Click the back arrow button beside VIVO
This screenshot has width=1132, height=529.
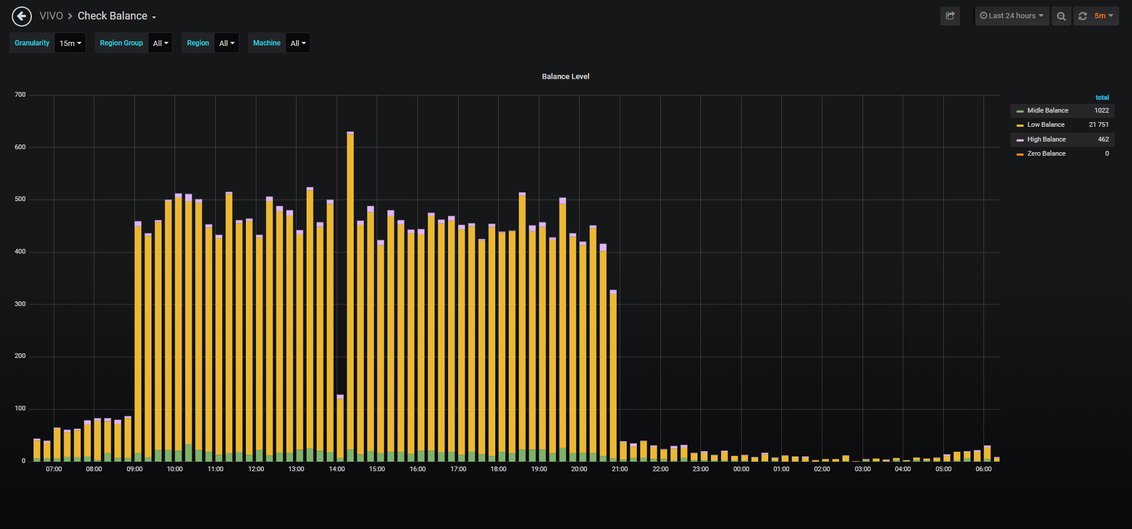tap(22, 16)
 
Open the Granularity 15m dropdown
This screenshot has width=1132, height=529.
tap(70, 43)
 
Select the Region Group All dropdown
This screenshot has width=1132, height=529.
tap(160, 43)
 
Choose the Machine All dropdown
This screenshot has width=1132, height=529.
tap(298, 43)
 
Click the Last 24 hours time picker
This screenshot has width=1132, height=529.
tap(1012, 16)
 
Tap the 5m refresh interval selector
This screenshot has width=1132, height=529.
tap(1103, 16)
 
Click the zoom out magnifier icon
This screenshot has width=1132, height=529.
tap(1061, 16)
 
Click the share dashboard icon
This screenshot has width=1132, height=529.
tap(950, 16)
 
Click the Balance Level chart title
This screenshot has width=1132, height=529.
tap(565, 77)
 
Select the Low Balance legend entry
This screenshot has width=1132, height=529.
tap(1046, 125)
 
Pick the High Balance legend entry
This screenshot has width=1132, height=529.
tap(1047, 139)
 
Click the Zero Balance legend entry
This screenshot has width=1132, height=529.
tap(1047, 153)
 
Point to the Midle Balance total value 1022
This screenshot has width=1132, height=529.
tap(1101, 110)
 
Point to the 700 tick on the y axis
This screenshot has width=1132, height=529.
tap(20, 95)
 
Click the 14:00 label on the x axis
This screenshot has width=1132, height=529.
tap(337, 469)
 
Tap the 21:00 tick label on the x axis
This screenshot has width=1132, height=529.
tap(620, 469)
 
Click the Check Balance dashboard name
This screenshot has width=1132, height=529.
tap(113, 16)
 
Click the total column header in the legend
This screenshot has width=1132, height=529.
tap(1102, 97)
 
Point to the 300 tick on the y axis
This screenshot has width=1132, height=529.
tap(20, 304)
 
